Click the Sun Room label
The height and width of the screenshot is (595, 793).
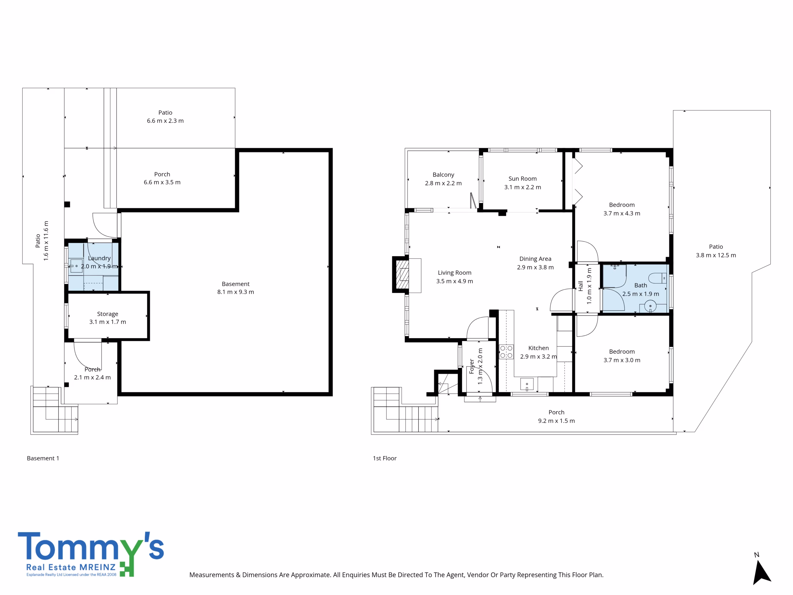pos(522,178)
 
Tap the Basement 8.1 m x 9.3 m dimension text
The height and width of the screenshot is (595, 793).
pos(235,292)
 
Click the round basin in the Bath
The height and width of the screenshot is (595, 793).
pos(650,306)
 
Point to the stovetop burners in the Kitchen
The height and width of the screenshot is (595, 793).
pos(506,352)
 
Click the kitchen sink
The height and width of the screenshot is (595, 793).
pos(527,384)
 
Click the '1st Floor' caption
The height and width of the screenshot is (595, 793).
pos(385,458)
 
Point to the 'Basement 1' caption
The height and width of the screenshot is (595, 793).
pos(43,458)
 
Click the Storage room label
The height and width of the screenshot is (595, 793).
pos(107,314)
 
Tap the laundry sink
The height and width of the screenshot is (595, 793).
pos(77,266)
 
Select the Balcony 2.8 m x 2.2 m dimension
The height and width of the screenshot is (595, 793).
pos(444,183)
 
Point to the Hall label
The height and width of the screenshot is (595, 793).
pos(581,286)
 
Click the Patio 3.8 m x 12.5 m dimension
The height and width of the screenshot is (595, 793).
pos(716,255)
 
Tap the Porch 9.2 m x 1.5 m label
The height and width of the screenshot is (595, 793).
pos(556,417)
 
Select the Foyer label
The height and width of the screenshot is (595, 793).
pos(472,366)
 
